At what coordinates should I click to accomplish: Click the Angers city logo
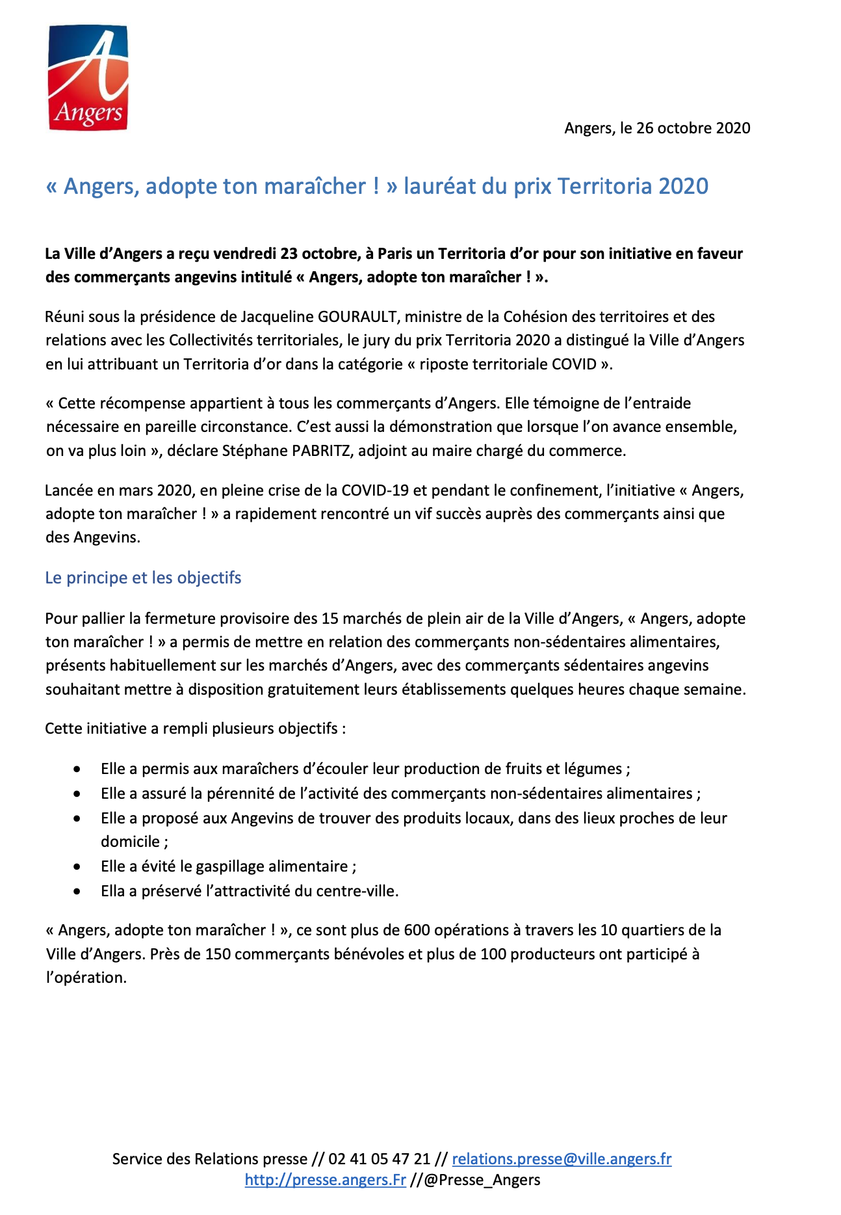coord(88,77)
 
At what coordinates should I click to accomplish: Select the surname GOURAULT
coord(357,317)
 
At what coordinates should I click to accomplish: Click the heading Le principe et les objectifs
coord(143,578)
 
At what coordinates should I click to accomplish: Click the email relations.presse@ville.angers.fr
coord(562,1158)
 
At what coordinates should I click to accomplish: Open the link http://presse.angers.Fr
coord(325,1180)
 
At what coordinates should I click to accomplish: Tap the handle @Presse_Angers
coord(482,1180)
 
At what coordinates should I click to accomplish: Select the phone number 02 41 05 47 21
coord(379,1158)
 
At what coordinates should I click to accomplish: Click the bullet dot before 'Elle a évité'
coord(77,867)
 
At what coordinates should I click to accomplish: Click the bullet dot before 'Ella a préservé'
coord(77,892)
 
